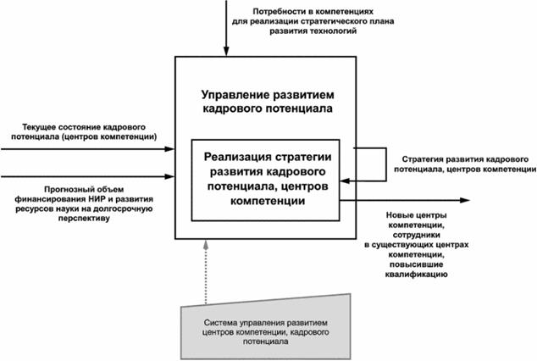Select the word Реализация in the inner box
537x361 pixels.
[x=240, y=157]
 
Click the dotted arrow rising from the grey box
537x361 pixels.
[x=204, y=271]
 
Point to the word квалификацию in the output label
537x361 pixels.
[x=413, y=275]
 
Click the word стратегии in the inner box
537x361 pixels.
[x=304, y=157]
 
